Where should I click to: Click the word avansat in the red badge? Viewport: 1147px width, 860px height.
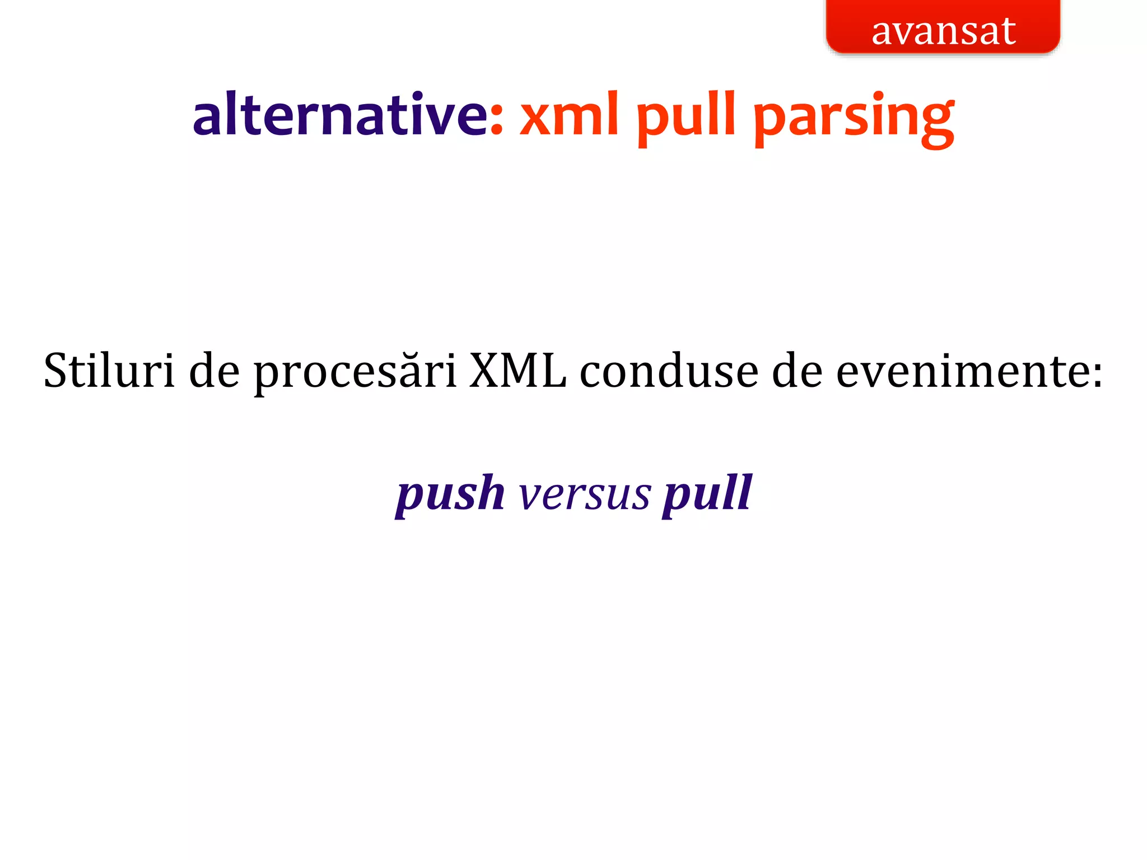943,31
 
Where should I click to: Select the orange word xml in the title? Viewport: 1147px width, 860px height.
569,115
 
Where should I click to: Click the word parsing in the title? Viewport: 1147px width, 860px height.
854,118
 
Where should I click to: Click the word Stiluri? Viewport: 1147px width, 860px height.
109,371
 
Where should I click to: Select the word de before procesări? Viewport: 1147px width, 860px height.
215,371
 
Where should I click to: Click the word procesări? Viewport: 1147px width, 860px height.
356,372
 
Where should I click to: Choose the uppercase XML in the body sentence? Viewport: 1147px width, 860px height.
517,371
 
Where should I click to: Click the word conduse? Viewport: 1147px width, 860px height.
669,371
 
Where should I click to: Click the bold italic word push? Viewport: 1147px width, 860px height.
451,494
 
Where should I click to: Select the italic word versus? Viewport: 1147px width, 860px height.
585,495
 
